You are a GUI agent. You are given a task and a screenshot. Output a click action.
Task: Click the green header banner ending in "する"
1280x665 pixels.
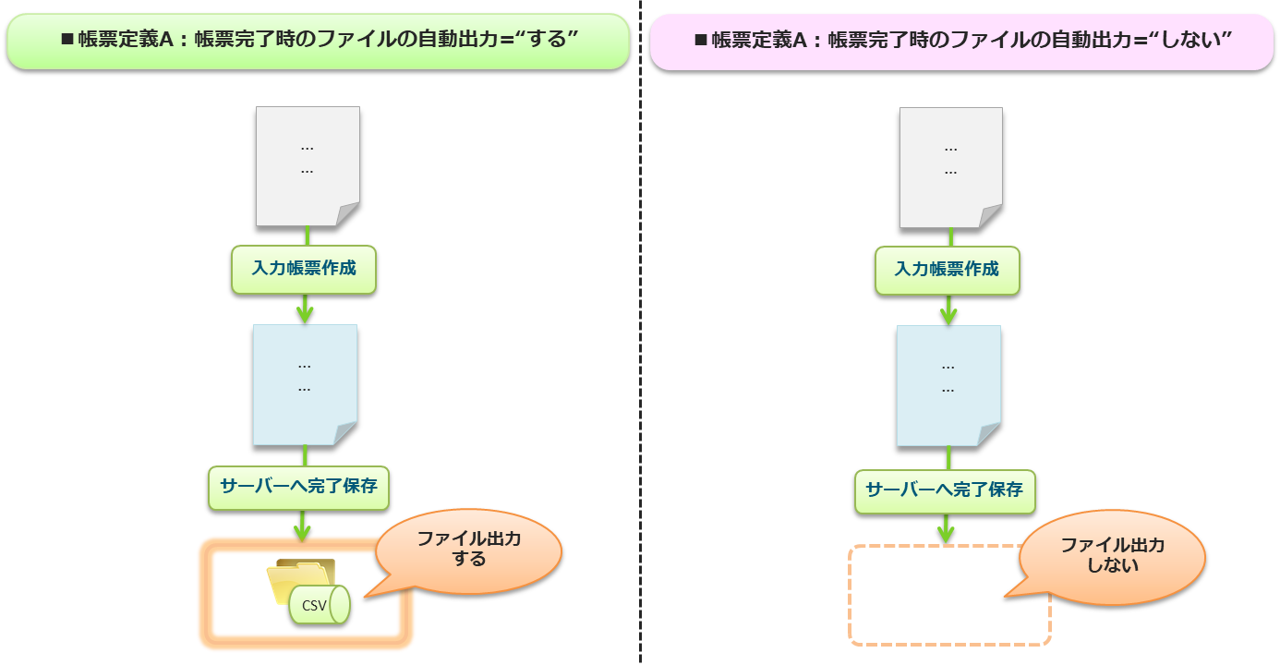click(318, 41)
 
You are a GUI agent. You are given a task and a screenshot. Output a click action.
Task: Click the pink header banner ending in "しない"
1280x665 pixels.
click(961, 42)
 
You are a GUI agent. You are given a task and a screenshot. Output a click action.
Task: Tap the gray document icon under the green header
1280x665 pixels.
click(308, 166)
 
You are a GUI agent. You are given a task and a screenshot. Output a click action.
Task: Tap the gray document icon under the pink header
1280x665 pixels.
click(950, 167)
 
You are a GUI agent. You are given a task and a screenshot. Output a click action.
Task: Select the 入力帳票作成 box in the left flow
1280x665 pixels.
click(304, 269)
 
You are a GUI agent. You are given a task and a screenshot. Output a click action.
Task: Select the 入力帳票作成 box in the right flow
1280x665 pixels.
click(948, 270)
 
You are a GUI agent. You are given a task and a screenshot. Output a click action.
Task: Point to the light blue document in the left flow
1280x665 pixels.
click(305, 384)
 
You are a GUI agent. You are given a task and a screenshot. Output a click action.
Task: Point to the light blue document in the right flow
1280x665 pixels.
click(948, 385)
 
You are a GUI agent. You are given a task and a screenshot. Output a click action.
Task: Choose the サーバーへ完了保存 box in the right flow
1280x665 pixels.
click(945, 490)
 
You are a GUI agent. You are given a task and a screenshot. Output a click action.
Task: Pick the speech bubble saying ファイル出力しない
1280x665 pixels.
click(1113, 554)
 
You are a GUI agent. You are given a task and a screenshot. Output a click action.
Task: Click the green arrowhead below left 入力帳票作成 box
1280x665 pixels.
click(305, 313)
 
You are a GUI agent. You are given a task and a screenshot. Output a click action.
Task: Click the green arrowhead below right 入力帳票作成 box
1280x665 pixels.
click(948, 314)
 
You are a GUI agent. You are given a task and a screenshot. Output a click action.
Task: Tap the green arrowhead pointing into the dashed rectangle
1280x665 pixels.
click(946, 534)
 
